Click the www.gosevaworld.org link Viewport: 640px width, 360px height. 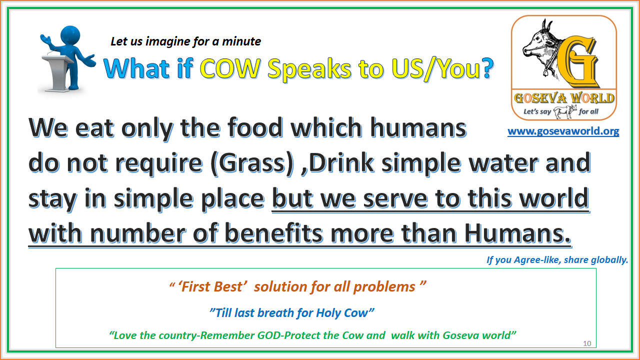563,131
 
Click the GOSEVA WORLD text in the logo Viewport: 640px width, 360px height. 563,97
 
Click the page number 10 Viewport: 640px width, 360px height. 587,343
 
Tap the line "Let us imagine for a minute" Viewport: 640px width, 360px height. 185,41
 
